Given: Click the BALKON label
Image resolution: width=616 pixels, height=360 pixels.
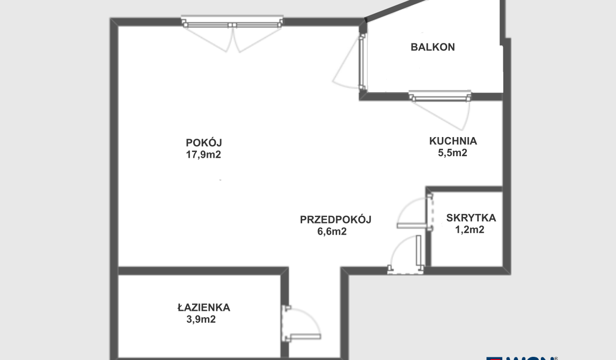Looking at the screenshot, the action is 432,47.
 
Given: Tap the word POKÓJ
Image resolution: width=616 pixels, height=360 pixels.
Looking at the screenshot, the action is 204,142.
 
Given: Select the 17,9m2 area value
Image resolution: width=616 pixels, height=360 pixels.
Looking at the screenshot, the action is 204,155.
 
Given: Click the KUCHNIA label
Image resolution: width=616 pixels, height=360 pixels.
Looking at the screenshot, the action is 453,141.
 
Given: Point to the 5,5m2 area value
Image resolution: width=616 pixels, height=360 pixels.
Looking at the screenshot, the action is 452,153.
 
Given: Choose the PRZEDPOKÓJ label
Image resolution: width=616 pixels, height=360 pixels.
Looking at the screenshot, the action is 336,219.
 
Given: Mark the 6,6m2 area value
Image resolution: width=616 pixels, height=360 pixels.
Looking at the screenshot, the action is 332,231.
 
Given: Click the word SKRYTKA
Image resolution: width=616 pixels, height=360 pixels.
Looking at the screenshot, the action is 471,218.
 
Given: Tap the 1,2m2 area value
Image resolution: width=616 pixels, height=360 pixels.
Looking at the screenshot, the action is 469,230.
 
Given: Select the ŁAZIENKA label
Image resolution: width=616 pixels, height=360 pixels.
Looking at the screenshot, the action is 204,307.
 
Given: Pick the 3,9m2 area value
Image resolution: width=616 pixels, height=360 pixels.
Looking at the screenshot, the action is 201,319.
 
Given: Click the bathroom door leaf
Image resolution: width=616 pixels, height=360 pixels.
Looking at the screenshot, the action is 305,337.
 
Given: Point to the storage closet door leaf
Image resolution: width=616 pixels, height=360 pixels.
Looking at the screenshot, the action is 414,226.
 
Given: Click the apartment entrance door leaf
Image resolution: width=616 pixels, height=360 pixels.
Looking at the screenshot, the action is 419,251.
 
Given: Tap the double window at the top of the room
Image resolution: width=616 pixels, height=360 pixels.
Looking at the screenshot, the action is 232,24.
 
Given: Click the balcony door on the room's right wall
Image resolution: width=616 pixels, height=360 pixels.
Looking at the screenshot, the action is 362,62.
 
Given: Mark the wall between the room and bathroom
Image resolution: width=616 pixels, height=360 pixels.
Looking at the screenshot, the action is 204,271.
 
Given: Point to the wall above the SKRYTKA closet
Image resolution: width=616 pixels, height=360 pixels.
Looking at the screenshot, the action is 464,190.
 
